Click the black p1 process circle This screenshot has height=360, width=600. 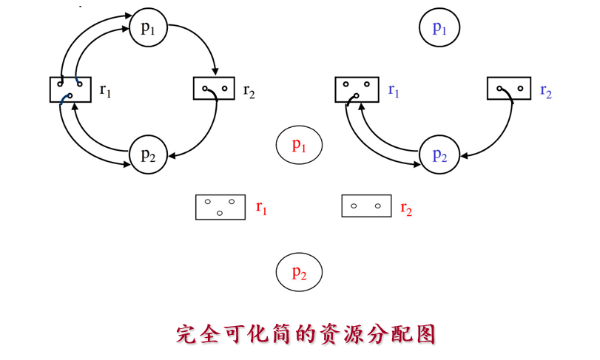point(148,28)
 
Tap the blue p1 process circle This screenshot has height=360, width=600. point(439,28)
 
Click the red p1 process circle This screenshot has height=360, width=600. point(299,145)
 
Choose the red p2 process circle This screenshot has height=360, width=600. point(299,272)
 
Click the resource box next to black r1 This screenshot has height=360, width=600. point(70,89)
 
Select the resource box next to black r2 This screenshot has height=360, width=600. point(214,89)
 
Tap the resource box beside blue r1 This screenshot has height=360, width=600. point(357,89)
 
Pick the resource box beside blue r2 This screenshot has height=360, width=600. point(509,88)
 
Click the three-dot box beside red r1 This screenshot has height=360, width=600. point(220,206)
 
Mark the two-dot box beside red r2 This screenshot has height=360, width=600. point(366,206)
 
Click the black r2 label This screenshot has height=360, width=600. point(249,91)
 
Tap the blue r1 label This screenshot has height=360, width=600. point(394,91)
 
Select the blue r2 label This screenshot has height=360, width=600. point(546,91)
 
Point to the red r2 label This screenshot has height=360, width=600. point(406,208)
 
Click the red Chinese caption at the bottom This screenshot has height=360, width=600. point(306,333)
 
